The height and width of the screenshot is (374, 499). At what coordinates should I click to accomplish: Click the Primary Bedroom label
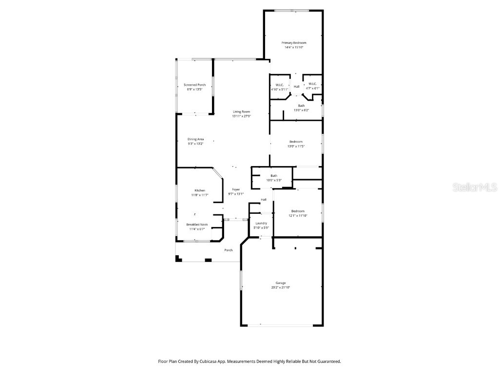coord(294,43)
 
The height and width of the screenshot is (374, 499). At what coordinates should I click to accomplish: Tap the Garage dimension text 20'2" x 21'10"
coord(280,287)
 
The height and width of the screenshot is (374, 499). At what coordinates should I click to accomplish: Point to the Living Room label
coord(241,112)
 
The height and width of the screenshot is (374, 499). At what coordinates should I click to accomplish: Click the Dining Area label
coord(195,139)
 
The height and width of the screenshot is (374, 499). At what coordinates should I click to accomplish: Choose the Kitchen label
coord(200,190)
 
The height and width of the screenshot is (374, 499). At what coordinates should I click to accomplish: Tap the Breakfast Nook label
coord(197,224)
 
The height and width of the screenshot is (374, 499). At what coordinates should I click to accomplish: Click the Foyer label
coord(236,189)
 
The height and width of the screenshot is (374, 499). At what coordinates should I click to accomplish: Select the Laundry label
coord(261,223)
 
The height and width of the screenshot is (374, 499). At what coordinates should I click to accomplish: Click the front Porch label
coord(228,250)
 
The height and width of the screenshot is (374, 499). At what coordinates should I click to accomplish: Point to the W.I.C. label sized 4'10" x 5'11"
coord(279,84)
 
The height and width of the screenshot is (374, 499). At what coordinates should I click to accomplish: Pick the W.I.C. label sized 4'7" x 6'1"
coord(312,84)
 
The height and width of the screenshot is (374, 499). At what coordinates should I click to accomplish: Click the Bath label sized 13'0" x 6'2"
coord(302,106)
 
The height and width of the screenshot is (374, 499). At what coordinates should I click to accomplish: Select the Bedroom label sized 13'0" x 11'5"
coord(296,141)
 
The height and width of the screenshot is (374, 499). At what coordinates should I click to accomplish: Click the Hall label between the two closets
coord(296,87)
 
